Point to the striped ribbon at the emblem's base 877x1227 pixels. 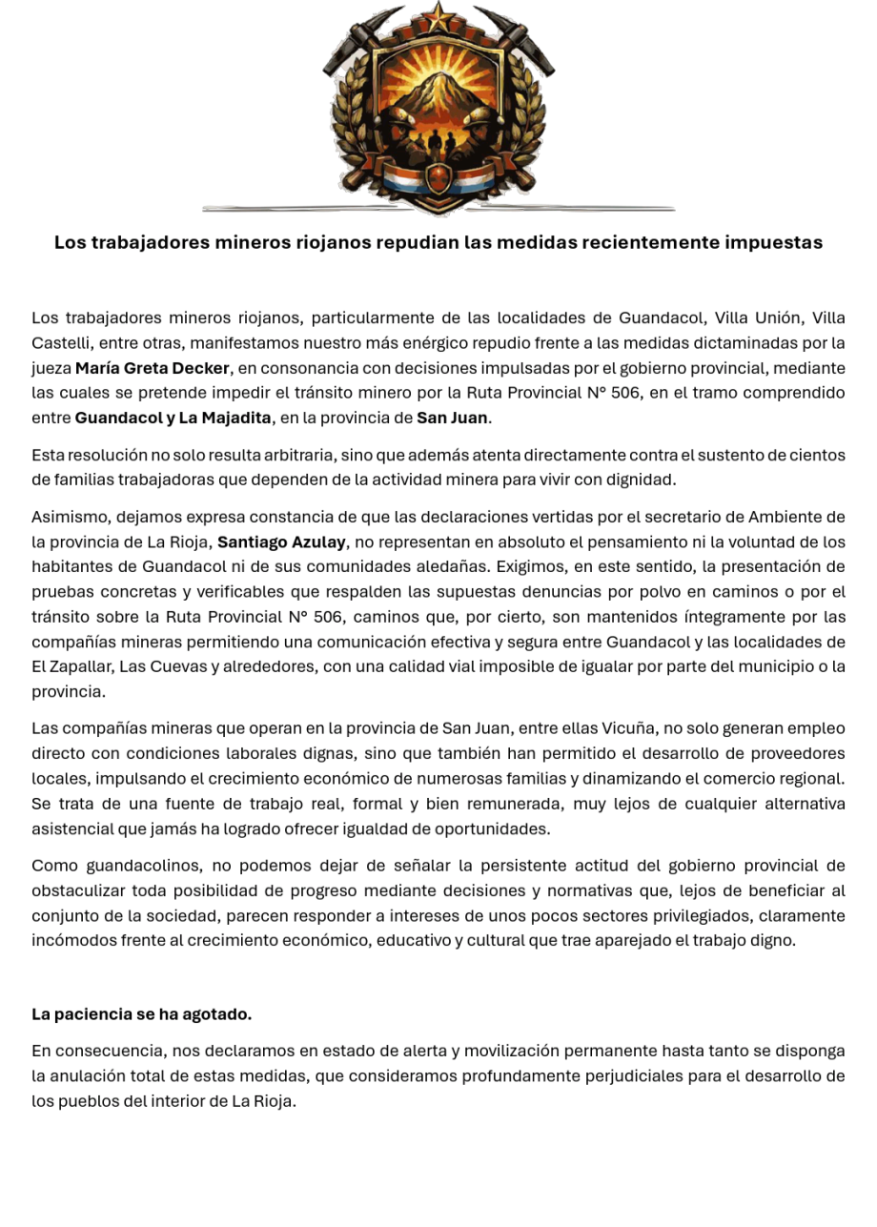click(x=438, y=177)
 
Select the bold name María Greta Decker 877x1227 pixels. click(x=153, y=368)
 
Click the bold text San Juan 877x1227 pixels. click(x=453, y=418)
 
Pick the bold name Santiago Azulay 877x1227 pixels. click(x=281, y=542)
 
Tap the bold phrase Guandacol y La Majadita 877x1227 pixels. click(x=173, y=418)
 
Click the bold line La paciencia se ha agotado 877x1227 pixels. click(x=141, y=1014)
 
